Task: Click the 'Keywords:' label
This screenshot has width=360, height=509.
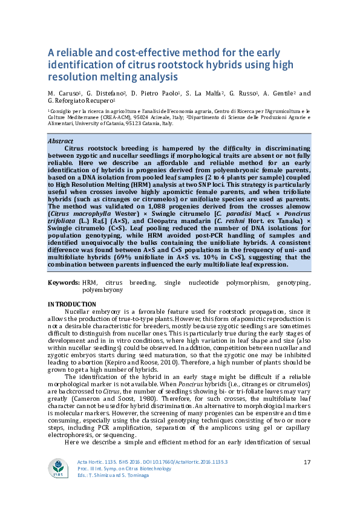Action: (63, 283)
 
